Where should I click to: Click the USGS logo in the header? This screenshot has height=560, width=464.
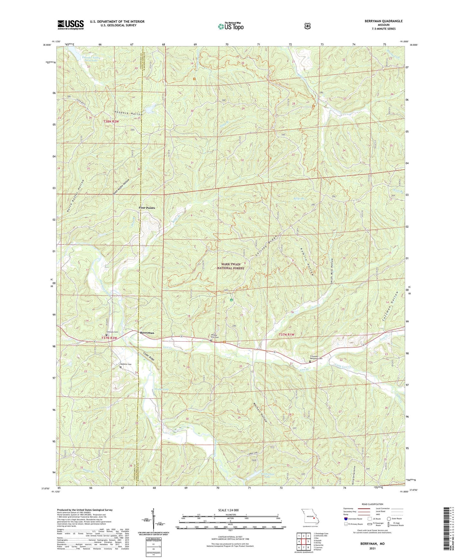(71, 25)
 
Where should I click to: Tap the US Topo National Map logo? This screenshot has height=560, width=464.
(231, 26)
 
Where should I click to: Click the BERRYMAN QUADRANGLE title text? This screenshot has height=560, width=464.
(383, 21)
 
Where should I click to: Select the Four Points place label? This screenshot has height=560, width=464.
(147, 208)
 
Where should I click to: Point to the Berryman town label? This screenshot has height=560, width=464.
(147, 333)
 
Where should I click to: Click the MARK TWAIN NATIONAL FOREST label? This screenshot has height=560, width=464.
(231, 266)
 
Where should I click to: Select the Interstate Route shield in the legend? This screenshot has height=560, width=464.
(346, 519)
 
